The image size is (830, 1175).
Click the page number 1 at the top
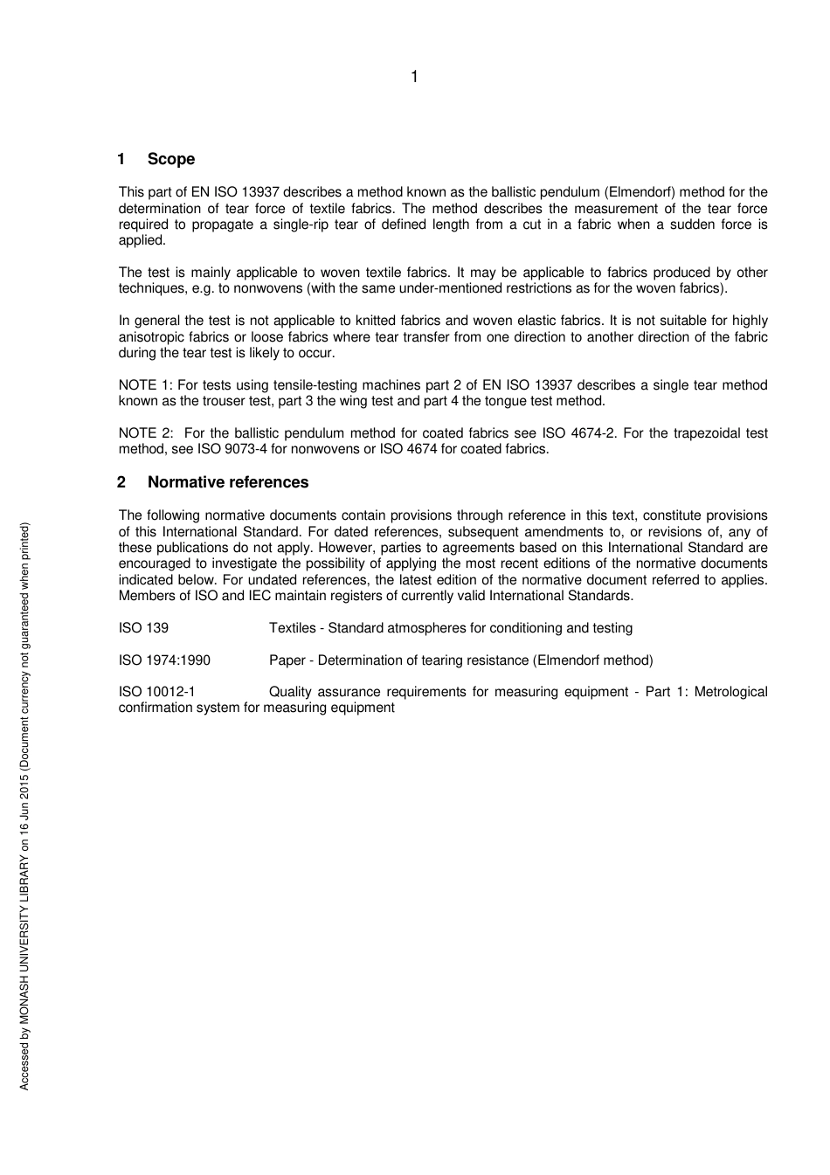(414, 77)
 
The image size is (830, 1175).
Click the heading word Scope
(171, 159)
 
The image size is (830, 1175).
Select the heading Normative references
(228, 482)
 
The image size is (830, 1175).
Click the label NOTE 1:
(146, 385)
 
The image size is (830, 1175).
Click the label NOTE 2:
(146, 433)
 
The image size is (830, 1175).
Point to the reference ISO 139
(144, 628)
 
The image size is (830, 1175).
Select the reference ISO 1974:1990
(164, 660)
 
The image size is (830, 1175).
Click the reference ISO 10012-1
(157, 692)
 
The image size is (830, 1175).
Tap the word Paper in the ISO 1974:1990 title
(287, 660)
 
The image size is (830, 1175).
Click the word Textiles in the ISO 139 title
(294, 628)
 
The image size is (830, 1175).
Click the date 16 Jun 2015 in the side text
(24, 801)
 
